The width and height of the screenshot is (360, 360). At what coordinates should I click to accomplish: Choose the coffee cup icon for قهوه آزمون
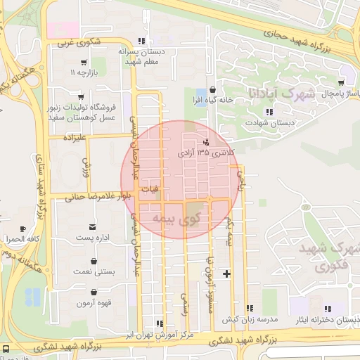[x=94, y=292]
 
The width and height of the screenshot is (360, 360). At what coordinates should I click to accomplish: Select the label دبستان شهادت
[x=263, y=123]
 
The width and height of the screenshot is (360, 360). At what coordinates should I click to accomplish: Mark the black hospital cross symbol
[x=226, y=273]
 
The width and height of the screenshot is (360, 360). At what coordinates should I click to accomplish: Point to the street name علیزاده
[x=75, y=138]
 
